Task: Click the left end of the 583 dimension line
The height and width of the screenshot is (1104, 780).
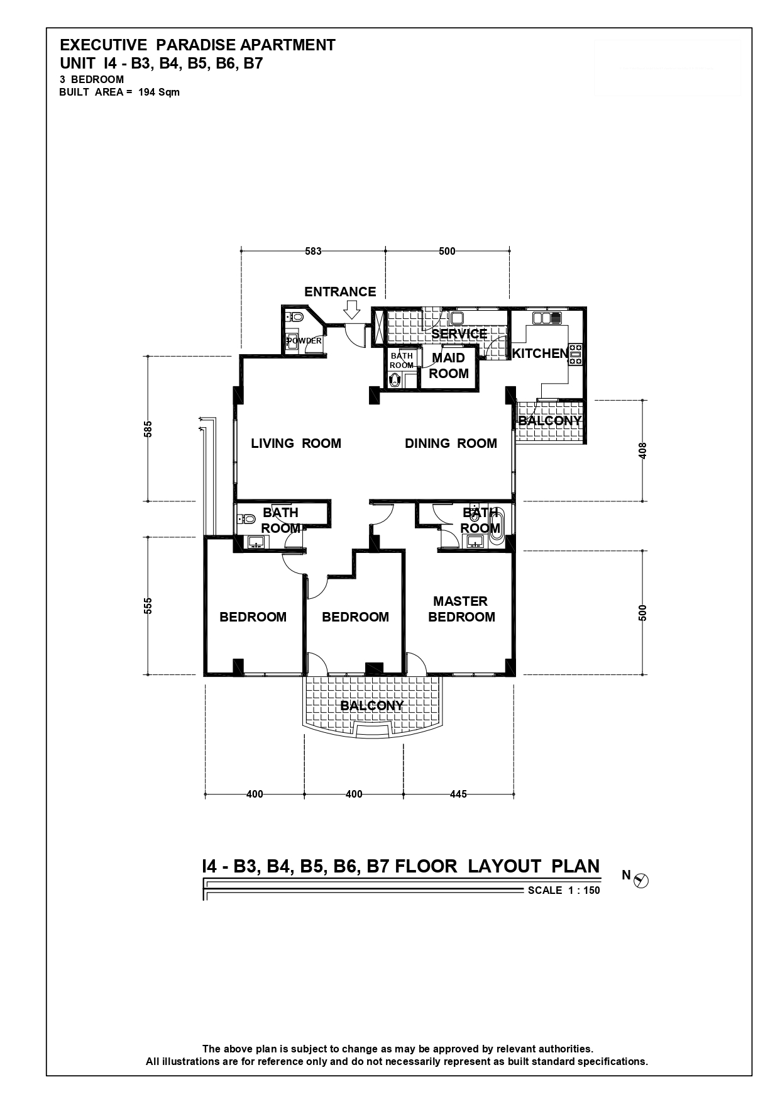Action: click(241, 251)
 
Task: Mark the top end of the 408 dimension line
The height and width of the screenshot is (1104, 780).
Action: click(643, 400)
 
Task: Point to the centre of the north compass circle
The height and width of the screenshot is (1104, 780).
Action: click(642, 881)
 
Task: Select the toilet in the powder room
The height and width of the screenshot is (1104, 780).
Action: click(295, 316)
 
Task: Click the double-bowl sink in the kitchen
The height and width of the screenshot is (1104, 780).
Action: click(546, 318)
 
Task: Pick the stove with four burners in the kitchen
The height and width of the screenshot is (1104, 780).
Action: click(576, 354)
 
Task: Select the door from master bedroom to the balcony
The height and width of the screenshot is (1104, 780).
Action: click(416, 662)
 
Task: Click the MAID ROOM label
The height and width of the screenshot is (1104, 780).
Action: click(449, 365)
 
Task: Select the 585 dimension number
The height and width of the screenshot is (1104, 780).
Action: click(148, 432)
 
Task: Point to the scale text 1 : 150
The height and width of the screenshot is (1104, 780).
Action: click(583, 890)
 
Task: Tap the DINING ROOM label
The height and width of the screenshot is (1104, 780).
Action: click(451, 443)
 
